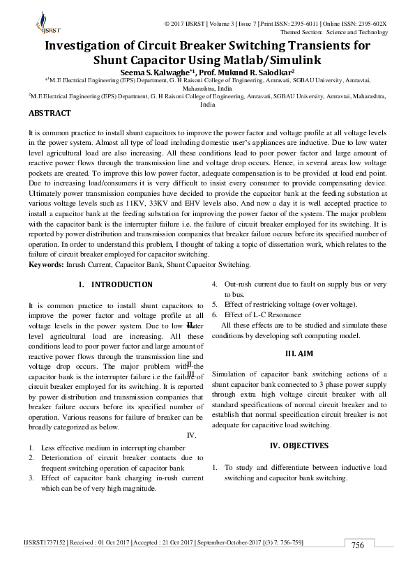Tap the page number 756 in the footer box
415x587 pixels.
pos(358,544)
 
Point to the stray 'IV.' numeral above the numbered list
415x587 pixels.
pos(193,436)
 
